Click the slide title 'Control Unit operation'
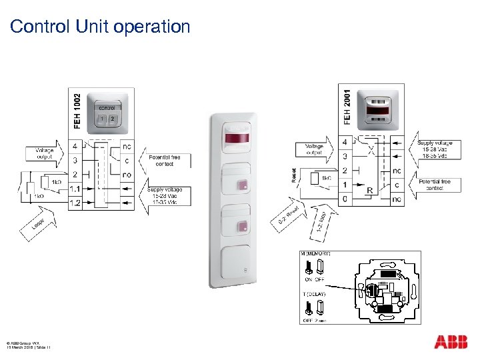click(101, 27)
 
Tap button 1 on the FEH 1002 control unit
click(102, 119)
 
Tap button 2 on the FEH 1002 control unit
click(112, 119)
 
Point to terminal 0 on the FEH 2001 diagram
click(344, 199)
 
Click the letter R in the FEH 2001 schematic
click(369, 191)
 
